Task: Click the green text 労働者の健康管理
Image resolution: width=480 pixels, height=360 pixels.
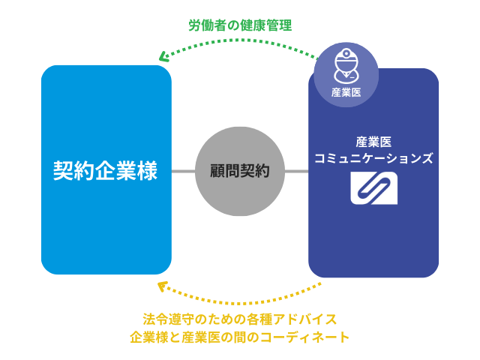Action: click(239, 25)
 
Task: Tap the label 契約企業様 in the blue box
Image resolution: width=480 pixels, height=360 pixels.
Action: click(105, 170)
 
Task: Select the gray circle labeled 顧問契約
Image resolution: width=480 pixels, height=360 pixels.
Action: click(239, 171)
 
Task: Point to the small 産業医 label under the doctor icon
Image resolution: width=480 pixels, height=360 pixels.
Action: click(346, 92)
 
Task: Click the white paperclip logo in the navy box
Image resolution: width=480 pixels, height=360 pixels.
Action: click(374, 189)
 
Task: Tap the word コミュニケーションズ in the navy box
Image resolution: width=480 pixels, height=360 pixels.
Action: click(373, 158)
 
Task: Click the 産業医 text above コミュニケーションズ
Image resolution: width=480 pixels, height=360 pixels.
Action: click(373, 140)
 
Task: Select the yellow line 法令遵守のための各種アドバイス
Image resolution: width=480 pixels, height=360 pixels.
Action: click(239, 318)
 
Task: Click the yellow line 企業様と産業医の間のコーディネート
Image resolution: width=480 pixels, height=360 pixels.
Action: click(239, 337)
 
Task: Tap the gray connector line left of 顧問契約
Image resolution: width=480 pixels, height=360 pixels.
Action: click(183, 171)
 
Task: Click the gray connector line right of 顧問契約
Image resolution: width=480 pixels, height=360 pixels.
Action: click(296, 171)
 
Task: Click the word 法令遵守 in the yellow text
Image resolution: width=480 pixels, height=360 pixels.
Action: click(166, 318)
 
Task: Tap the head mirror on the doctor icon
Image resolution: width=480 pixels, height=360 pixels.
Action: click(346, 53)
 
